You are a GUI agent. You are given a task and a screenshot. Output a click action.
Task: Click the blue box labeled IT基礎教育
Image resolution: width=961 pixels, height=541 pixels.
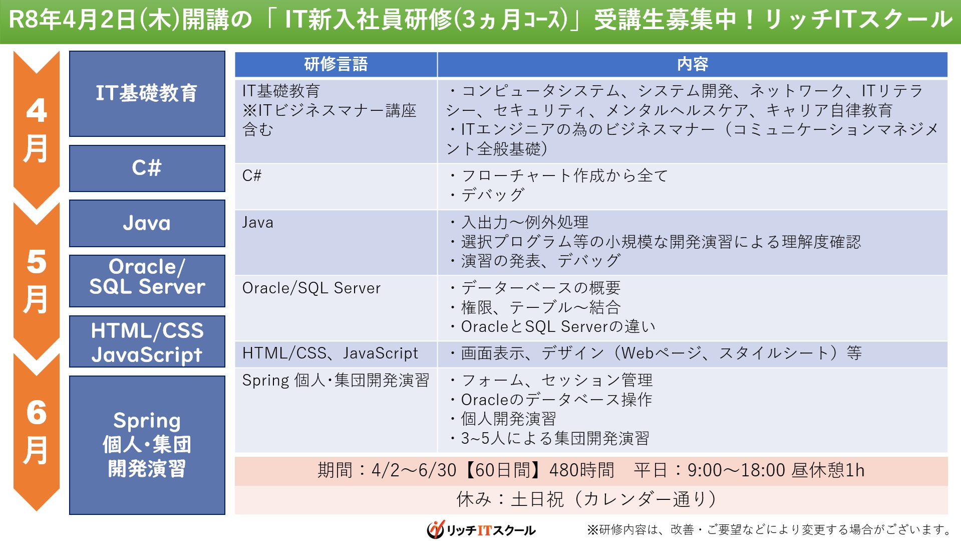pos(147,94)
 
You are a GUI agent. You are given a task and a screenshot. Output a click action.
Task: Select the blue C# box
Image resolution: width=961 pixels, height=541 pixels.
pos(147,168)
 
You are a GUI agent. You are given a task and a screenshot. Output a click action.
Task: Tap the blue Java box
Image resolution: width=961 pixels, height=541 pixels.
pos(147,223)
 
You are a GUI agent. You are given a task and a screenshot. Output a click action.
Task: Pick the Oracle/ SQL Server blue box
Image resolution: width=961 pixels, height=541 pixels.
pos(147,281)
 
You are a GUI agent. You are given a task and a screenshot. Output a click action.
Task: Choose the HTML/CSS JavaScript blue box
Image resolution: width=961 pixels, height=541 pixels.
pos(147,341)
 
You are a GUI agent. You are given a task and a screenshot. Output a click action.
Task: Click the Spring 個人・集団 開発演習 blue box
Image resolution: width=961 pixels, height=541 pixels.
pos(147,445)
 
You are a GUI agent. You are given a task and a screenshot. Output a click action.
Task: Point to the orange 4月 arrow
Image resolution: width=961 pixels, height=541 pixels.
pos(37,129)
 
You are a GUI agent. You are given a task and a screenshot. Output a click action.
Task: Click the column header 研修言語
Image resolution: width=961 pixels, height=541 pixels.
pos(336,64)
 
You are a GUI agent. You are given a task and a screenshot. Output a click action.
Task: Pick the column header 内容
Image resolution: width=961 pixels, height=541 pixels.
pos(693,64)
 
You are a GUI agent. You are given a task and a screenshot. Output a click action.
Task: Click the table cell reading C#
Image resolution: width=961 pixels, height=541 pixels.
pos(336,187)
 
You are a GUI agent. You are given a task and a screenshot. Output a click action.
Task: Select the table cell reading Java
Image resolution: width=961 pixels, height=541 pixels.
pos(336,243)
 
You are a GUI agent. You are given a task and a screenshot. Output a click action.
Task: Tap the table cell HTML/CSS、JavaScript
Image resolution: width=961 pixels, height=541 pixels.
pos(336,354)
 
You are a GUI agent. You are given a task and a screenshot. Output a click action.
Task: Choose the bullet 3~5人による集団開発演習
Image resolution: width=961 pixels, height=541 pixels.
pos(549,439)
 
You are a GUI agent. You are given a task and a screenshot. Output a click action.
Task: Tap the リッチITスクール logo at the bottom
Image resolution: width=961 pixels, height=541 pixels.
pos(481,529)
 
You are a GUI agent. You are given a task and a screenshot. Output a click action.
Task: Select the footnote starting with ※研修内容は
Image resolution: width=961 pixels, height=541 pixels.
pos(769,529)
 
